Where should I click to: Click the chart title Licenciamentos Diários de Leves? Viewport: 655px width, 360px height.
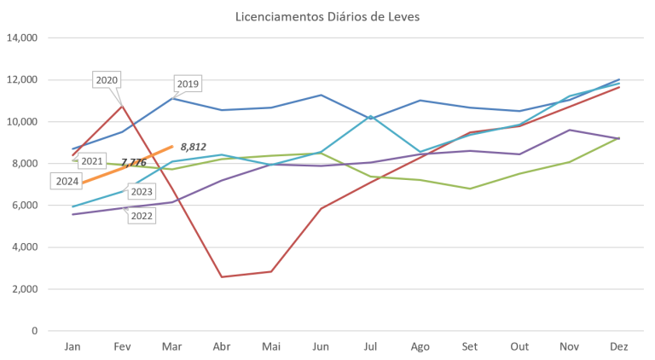(327, 16)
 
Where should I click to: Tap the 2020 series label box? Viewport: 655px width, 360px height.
(107, 80)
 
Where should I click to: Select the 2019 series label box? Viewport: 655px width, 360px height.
(188, 84)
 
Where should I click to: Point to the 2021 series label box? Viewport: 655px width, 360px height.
(91, 160)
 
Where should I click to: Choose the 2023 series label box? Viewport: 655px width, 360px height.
(142, 192)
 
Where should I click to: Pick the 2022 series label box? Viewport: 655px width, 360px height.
(142, 216)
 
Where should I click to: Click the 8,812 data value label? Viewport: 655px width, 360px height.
(194, 147)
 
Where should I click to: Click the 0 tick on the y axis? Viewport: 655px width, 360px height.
(37, 331)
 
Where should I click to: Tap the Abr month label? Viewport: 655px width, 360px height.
(222, 345)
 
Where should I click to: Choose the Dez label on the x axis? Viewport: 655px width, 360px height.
(618, 345)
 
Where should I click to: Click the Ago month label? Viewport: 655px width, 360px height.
(420, 345)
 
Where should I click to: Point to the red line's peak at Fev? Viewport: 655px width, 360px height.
(122, 104)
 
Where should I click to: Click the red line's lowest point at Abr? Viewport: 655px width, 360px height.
(222, 276)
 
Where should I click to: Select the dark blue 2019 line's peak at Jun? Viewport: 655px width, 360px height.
(321, 95)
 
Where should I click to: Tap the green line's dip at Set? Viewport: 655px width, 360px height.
(470, 188)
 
